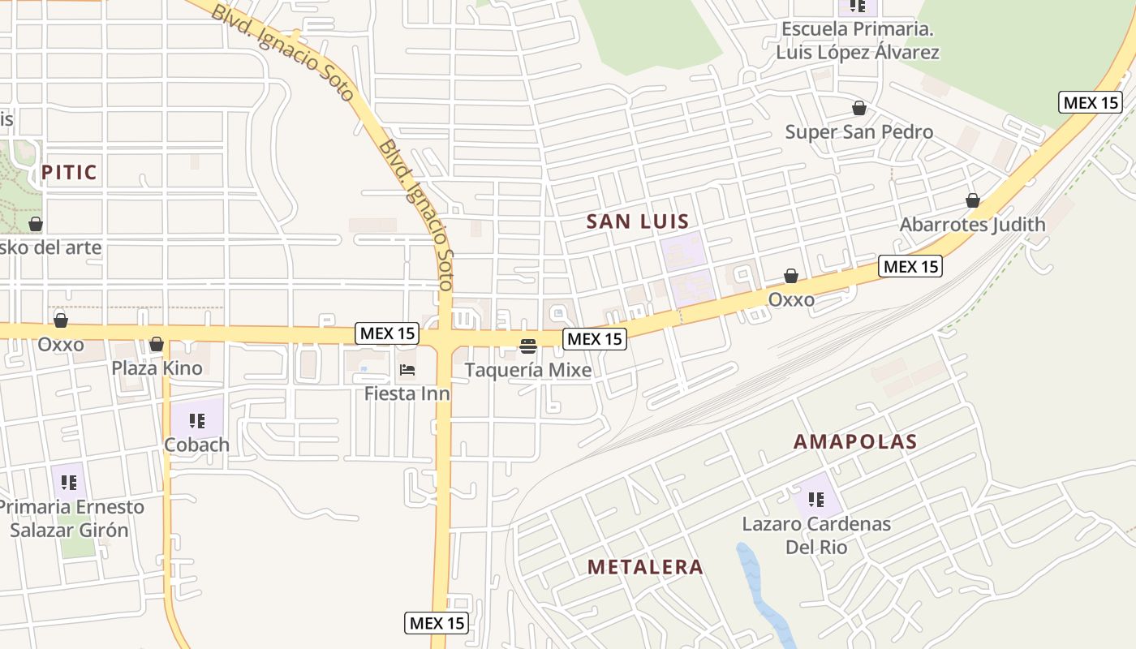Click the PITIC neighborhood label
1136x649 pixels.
[69, 172]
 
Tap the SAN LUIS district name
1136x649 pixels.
[638, 221]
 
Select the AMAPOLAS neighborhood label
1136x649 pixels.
[855, 442]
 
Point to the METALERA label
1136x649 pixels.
[645, 567]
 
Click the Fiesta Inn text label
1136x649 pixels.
[407, 394]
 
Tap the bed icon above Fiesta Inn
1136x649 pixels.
[407, 371]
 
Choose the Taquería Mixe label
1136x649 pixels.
[528, 371]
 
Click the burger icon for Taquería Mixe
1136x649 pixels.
[528, 347]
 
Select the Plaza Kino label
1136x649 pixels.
[157, 367]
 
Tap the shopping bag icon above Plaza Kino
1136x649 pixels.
[157, 345]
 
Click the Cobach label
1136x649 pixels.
[196, 445]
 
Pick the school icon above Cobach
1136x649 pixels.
[196, 420]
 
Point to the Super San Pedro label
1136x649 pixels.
[858, 131]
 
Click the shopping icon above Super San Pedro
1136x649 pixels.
[858, 108]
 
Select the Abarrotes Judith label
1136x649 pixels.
[972, 224]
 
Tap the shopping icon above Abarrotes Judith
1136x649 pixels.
[972, 200]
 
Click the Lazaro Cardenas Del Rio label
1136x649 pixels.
[816, 535]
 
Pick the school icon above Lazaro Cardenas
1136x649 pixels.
[816, 499]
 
